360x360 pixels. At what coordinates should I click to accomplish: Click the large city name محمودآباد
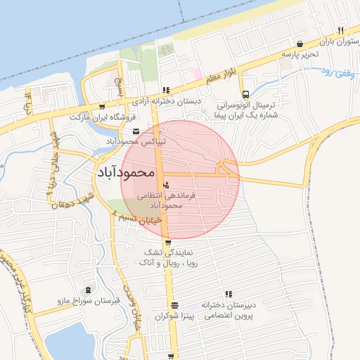click(124, 172)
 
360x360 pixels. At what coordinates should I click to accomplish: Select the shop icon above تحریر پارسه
click(301, 43)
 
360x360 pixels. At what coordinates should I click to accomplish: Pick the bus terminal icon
click(245, 94)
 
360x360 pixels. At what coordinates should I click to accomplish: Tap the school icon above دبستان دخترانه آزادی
click(166, 90)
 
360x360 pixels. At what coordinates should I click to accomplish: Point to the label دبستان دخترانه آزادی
click(168, 101)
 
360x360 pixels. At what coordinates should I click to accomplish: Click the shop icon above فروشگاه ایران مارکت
click(112, 80)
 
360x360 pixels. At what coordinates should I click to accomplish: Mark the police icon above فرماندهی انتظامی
click(166, 184)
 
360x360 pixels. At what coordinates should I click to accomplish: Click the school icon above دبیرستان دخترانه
click(228, 294)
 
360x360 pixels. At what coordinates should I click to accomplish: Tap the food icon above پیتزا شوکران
click(174, 305)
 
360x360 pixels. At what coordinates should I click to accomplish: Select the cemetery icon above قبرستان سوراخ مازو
click(88, 290)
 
